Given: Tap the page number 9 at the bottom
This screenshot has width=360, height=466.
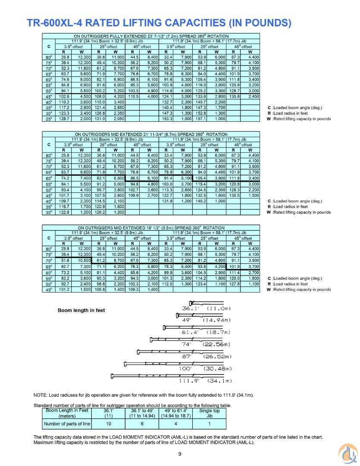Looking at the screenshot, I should click(180, 453).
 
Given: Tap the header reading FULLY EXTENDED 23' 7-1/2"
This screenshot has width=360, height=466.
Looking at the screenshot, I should click(151, 36).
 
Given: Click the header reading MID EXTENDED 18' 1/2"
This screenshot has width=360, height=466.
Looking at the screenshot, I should click(151, 227).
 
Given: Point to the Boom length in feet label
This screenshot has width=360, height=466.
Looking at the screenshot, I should click(81, 310).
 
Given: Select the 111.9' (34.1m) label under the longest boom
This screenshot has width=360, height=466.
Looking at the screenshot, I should click(205, 381).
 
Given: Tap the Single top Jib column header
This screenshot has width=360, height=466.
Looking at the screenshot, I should click(210, 413).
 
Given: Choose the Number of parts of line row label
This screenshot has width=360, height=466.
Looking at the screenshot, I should click(67, 424).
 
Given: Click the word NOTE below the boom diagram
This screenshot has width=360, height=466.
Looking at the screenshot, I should click(41, 395).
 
